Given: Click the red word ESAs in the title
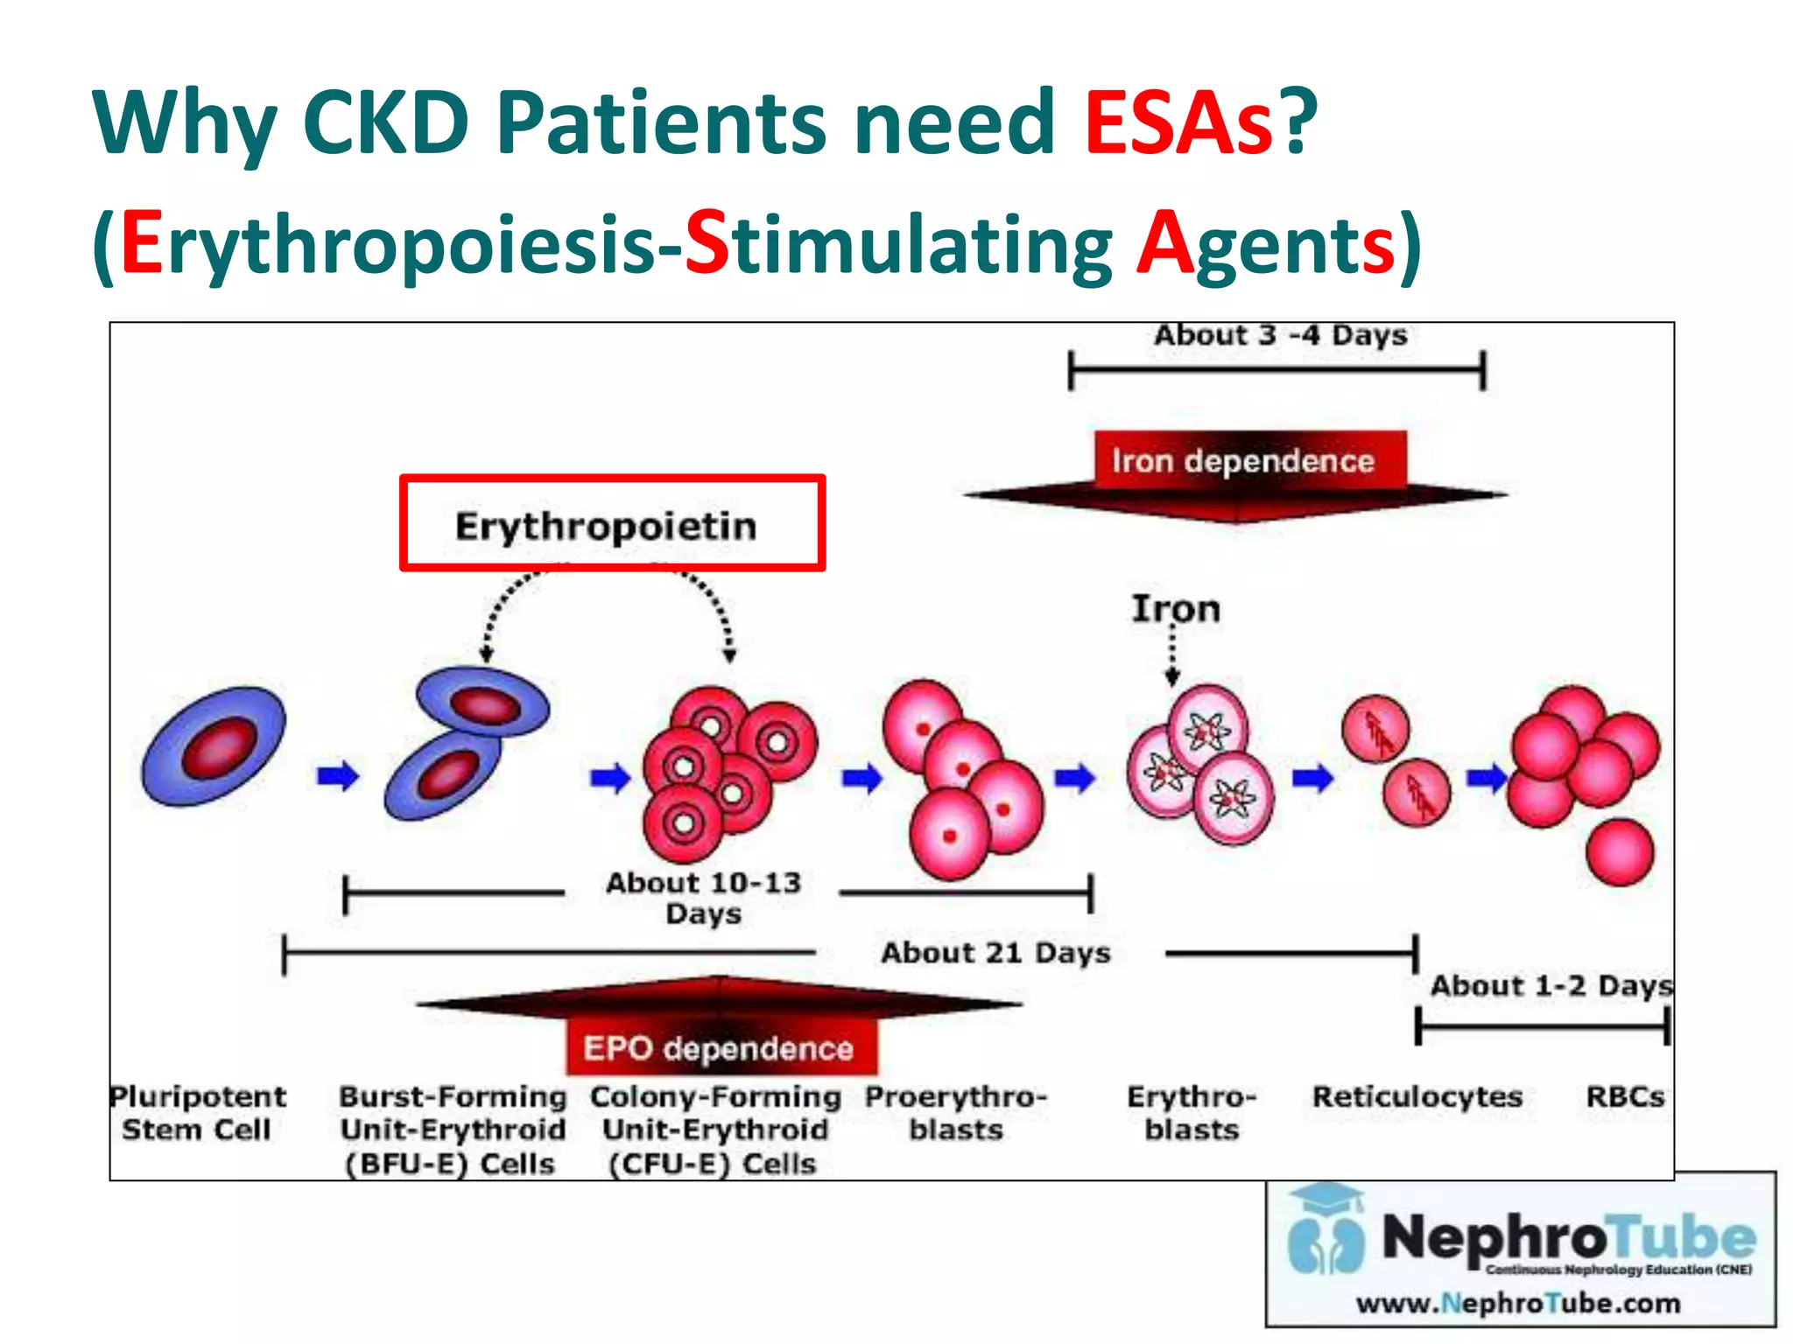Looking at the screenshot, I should pyautogui.click(x=1178, y=122).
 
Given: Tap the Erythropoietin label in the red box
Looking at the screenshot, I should pyautogui.click(x=606, y=526).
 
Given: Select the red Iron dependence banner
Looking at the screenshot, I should pyautogui.click(x=1243, y=460).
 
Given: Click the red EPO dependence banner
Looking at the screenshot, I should pyautogui.click(x=719, y=1047).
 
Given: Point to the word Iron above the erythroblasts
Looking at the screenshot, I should pyautogui.click(x=1176, y=608).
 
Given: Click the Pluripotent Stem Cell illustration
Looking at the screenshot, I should pyautogui.click(x=214, y=745).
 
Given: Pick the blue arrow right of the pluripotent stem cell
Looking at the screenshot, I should pyautogui.click(x=338, y=775).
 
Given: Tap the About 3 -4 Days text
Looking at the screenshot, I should pyautogui.click(x=1280, y=335).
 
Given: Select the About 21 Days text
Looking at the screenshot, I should pyautogui.click(x=995, y=952).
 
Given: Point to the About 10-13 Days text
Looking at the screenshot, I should pyautogui.click(x=704, y=897).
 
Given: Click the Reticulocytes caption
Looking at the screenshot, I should pyautogui.click(x=1417, y=1096).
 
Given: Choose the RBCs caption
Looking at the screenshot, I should pyautogui.click(x=1626, y=1096).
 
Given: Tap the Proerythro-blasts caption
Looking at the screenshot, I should pyautogui.click(x=956, y=1112).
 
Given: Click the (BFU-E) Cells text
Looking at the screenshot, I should pyautogui.click(x=450, y=1164).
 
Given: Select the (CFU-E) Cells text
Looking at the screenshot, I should pyautogui.click(x=713, y=1164).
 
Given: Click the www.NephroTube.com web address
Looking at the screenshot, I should pyautogui.click(x=1518, y=1303).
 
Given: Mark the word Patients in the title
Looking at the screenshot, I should pyautogui.click(x=662, y=122).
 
